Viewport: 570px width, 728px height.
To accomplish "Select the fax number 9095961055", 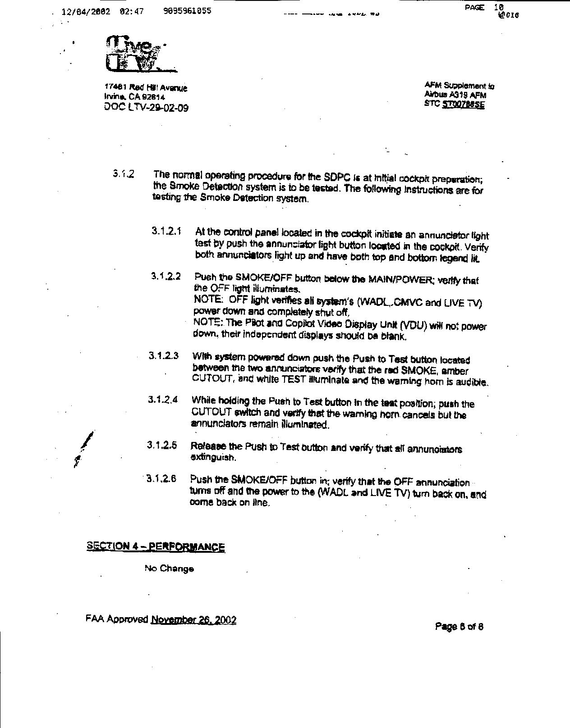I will click(x=187, y=11).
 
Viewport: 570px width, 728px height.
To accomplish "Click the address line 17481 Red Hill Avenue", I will click(x=146, y=87).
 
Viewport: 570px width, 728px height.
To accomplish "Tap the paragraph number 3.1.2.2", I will click(x=166, y=276).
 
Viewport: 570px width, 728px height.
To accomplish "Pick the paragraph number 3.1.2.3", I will click(x=163, y=356).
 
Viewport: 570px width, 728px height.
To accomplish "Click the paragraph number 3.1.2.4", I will click(x=162, y=400).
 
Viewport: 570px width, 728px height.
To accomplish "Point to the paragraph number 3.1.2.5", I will click(x=161, y=446).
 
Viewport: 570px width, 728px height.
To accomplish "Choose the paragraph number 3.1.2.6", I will click(x=161, y=478).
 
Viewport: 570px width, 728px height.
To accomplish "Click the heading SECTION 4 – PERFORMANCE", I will click(x=156, y=546).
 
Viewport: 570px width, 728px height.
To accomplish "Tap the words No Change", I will click(x=169, y=569).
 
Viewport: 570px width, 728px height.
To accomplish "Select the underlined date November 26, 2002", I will click(x=193, y=620).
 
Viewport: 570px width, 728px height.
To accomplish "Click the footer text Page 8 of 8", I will click(x=459, y=626).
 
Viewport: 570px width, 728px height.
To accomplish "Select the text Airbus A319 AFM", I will click(x=455, y=95).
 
